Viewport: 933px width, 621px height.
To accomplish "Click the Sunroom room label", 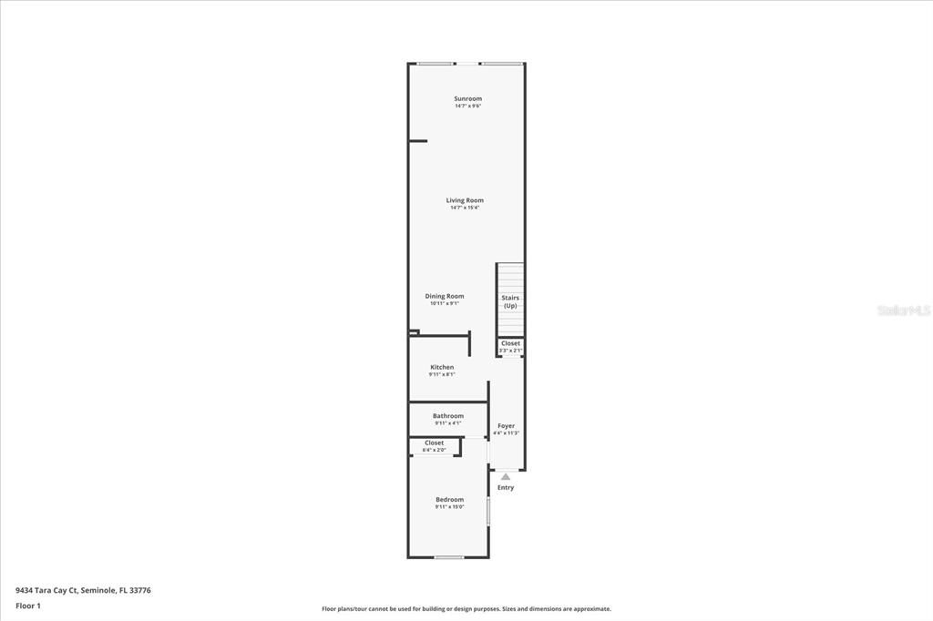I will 467,98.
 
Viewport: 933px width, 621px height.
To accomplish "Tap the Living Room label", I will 465,200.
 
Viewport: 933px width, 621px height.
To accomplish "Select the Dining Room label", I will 445,296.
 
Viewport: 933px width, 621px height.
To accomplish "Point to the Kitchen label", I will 442,367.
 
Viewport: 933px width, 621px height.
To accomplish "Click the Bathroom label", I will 448,416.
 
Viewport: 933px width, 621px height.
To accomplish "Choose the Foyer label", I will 506,425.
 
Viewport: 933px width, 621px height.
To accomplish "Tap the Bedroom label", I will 449,499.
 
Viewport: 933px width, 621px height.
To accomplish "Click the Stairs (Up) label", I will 510,301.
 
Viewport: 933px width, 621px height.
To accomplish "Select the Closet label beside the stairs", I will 510,343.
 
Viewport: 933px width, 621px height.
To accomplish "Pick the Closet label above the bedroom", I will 434,443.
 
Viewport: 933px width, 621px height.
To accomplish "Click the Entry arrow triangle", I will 506,476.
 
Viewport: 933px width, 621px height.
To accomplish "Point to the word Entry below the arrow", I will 506,487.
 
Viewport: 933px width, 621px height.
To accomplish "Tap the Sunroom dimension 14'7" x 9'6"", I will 467,106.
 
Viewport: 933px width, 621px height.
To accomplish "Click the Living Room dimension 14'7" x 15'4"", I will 465,208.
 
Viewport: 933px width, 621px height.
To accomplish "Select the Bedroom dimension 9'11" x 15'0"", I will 449,506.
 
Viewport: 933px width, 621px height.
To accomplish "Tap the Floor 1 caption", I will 28,606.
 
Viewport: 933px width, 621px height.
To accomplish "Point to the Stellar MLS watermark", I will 904,310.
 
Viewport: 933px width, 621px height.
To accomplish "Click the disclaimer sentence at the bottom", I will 466,609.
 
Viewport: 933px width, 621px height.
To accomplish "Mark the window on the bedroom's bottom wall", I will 448,557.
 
